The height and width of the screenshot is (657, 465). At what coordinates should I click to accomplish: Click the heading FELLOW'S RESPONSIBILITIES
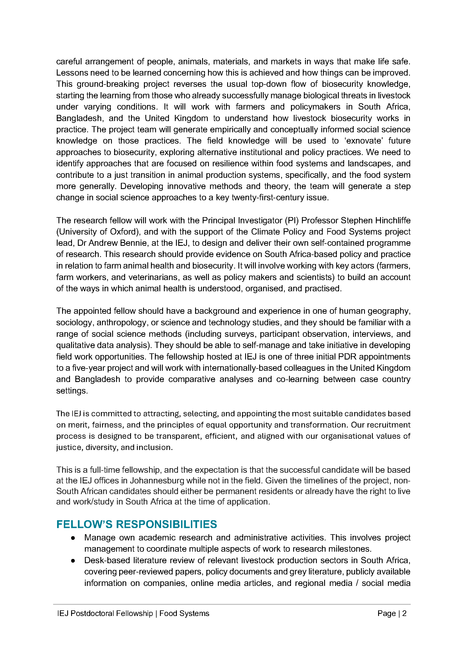click(137, 524)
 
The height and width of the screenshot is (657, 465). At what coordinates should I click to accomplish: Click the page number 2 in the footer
click(404, 613)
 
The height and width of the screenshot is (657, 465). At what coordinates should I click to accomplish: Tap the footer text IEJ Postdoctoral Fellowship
click(105, 613)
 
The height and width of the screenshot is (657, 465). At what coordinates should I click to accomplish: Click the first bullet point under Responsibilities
click(73, 538)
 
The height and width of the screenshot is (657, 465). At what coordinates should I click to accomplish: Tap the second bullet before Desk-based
click(73, 561)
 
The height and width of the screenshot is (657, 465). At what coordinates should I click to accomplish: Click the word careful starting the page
click(69, 62)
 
